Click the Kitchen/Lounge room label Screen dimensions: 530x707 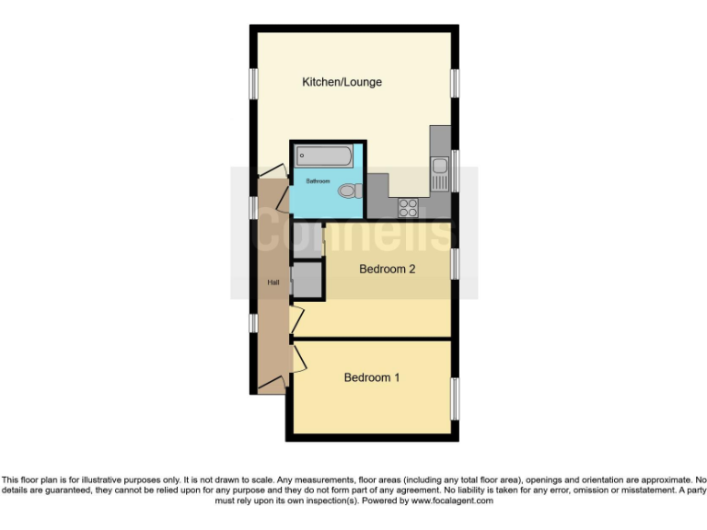pos(342,82)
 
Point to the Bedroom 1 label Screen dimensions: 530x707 pos(372,377)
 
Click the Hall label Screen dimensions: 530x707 pos(273,282)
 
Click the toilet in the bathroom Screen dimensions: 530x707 pos(348,191)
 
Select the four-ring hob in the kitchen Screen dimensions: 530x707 pos(407,208)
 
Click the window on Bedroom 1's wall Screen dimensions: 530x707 pos(454,398)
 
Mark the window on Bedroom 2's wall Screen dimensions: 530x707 pos(454,264)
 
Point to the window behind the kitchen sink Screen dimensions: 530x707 pos(454,171)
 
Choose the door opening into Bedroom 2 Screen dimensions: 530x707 pos(296,319)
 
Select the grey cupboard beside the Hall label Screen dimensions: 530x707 pos(307,281)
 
